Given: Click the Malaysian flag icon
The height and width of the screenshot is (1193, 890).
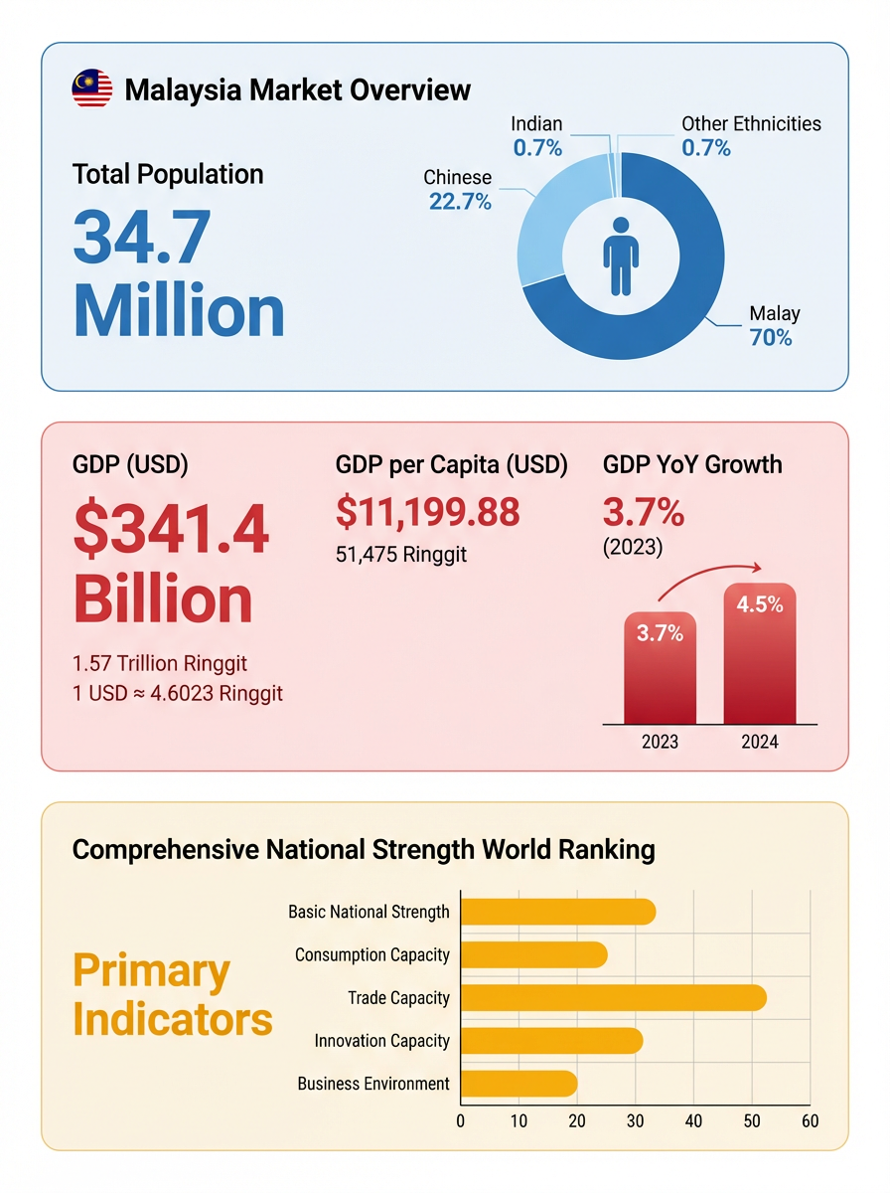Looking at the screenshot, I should pos(91,89).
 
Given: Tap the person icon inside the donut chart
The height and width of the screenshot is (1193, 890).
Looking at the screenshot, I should pos(621,256).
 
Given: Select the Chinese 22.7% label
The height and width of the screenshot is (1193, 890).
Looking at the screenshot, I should pos(458,190).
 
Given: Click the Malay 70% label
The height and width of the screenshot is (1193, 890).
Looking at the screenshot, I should pos(773,326).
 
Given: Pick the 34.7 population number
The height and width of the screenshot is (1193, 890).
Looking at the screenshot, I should pos(141,237).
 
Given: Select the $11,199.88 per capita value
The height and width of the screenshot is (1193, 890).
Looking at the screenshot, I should pos(427,512).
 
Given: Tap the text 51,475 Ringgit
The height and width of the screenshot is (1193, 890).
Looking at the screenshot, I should pos(401,554).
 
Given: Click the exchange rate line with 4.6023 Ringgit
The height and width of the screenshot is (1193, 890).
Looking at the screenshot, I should pos(178,693).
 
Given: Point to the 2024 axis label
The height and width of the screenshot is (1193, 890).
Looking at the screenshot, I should pos(760,742).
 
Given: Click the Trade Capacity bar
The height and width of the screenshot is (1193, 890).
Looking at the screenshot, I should pos(613,997).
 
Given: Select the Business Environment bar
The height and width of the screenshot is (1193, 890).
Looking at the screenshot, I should pos(519,1084).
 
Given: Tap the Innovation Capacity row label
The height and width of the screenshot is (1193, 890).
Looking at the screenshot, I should pos(381,1041).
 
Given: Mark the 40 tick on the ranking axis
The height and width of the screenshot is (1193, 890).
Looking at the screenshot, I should pos(693,1121).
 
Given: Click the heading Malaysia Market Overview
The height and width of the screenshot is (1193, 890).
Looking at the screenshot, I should pos(297,90).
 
